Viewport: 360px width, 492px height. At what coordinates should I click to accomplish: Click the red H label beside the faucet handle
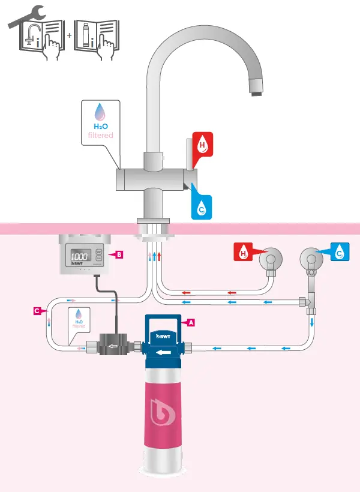[x=203, y=145]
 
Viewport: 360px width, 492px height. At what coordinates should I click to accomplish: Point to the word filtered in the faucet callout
[x=97, y=136]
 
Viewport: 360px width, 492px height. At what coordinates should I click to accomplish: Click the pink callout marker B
[x=119, y=255]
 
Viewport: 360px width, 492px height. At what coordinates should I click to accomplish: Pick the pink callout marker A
[x=191, y=322]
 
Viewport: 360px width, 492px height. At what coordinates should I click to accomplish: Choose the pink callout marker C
[x=37, y=311]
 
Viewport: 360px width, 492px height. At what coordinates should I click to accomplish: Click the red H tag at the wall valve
[x=243, y=253]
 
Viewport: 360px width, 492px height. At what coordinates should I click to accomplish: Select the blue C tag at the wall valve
[x=339, y=253]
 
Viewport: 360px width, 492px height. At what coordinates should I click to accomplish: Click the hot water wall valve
[x=270, y=260]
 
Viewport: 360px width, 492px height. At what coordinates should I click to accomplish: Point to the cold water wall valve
[x=310, y=260]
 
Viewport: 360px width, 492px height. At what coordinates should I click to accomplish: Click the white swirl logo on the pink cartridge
[x=163, y=415]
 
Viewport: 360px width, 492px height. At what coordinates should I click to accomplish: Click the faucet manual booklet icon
[x=41, y=39]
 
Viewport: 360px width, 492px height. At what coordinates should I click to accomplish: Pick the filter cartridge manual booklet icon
[x=97, y=39]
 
